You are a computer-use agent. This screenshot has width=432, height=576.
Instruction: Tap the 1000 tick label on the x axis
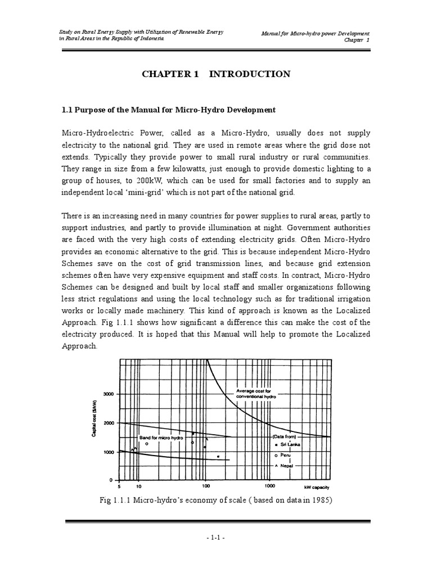point(269,485)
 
